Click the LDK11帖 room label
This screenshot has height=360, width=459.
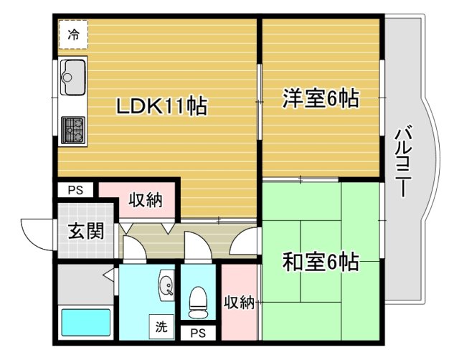point(163,107)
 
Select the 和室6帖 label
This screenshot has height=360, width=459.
point(321,261)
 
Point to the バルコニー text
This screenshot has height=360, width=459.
point(402,161)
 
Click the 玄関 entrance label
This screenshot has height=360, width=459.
point(86,231)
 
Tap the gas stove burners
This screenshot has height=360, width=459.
point(73,131)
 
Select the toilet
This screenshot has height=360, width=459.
point(197,301)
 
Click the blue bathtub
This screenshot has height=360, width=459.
point(85,322)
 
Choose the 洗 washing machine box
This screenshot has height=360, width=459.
point(161,327)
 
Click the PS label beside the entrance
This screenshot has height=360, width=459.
point(76,191)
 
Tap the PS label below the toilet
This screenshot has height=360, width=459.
point(199,333)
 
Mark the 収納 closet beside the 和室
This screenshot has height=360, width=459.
point(239,303)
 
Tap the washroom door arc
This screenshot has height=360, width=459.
point(134,247)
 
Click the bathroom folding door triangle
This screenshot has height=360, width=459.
point(109,274)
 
